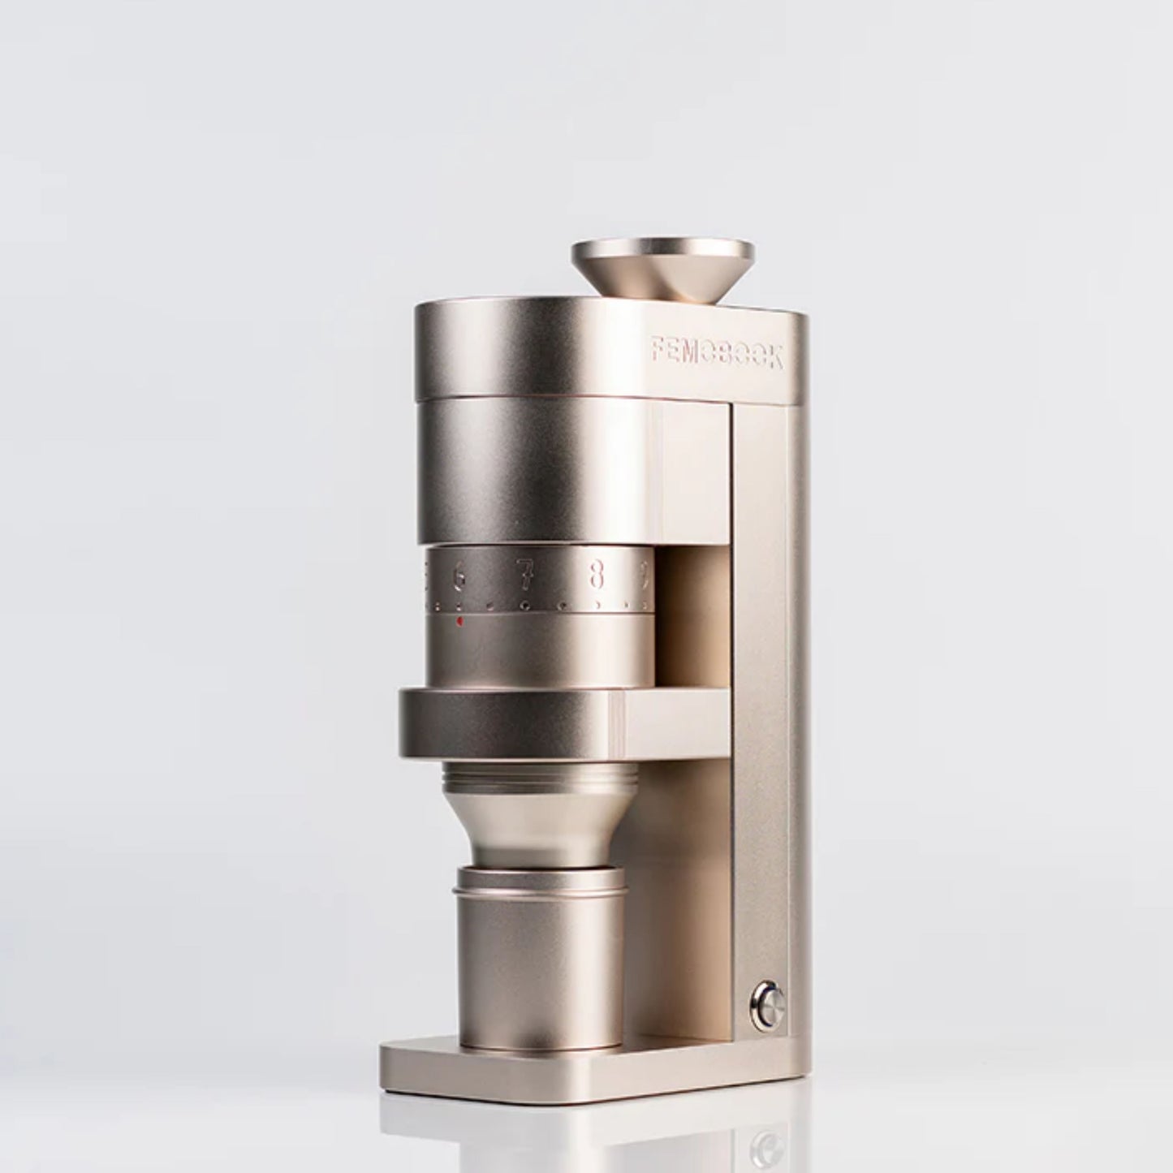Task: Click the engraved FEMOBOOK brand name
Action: pyautogui.click(x=717, y=353)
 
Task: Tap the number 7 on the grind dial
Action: pyautogui.click(x=526, y=576)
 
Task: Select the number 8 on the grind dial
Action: pyautogui.click(x=597, y=575)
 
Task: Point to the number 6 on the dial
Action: pyautogui.click(x=459, y=577)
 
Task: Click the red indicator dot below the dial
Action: pyautogui.click(x=459, y=623)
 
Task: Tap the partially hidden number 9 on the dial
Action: pyautogui.click(x=644, y=575)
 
